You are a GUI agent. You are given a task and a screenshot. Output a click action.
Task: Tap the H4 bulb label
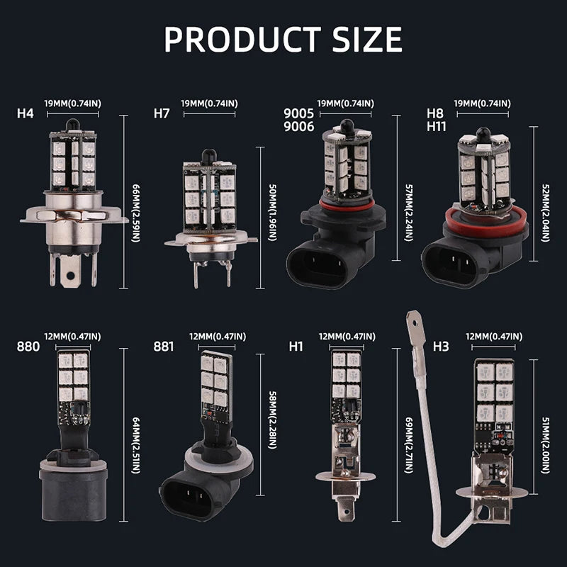click(25, 113)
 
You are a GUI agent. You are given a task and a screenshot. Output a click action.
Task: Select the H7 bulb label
click(162, 113)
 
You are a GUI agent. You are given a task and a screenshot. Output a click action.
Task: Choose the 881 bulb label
click(164, 347)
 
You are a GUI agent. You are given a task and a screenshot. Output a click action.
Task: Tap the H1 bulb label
click(296, 347)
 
